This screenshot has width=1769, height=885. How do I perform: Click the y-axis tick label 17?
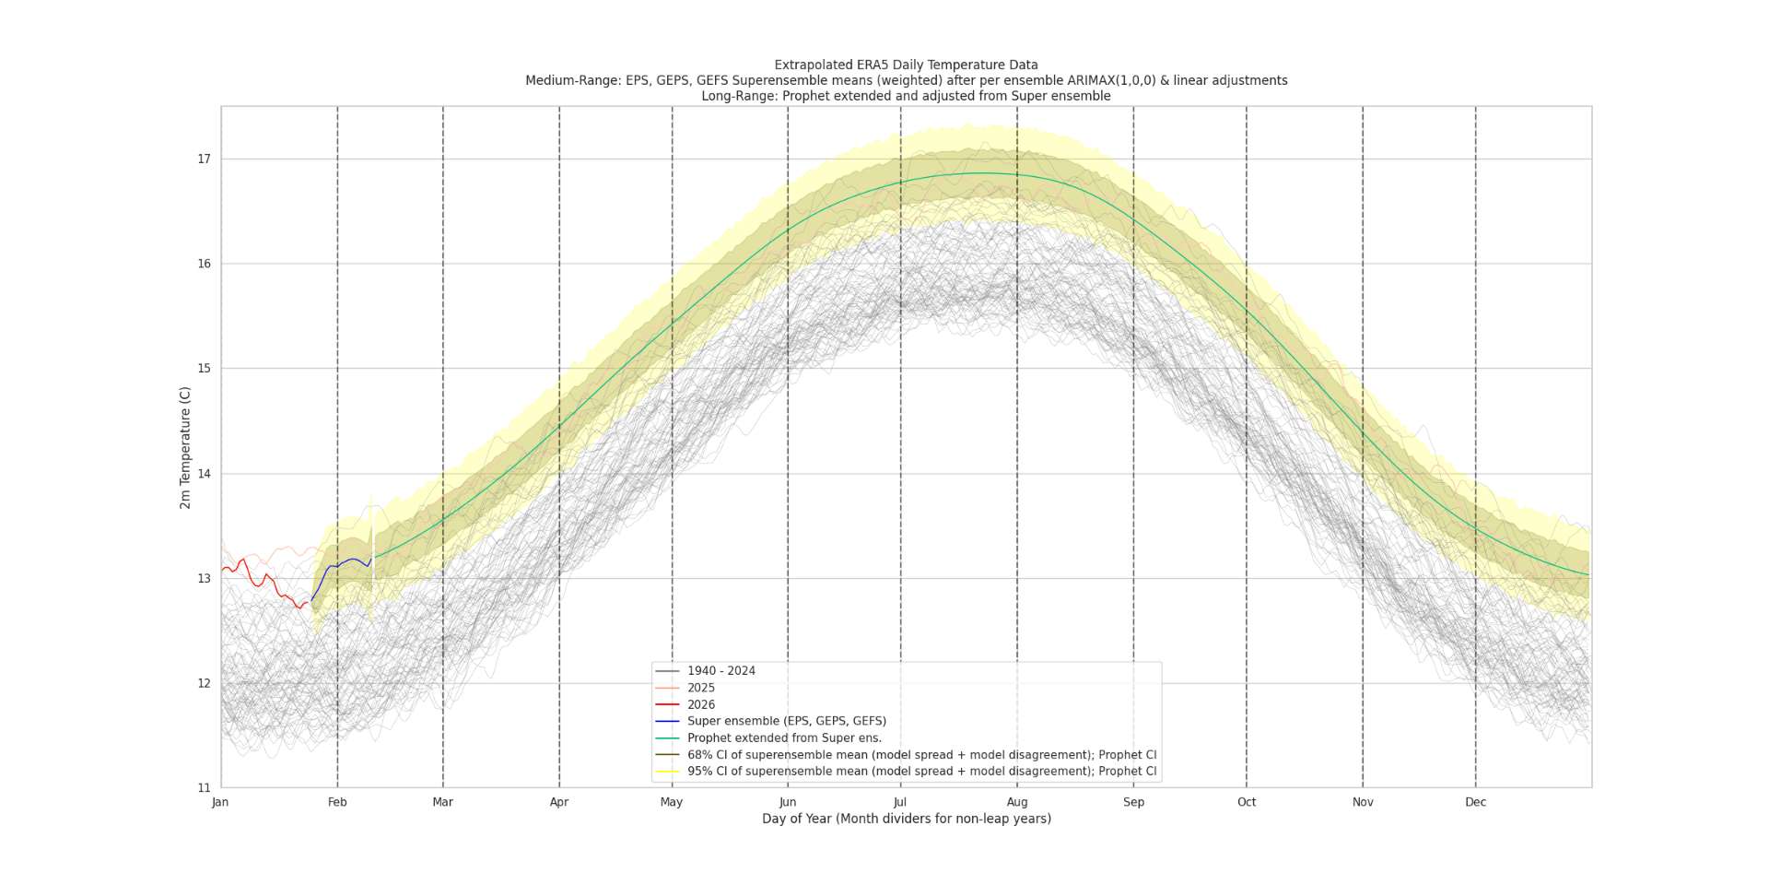pos(204,159)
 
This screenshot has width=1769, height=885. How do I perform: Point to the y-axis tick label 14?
pos(204,474)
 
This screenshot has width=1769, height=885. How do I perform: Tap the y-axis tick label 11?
pos(204,788)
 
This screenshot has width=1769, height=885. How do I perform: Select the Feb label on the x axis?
pos(337,802)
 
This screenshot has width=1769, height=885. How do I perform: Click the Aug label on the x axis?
pos(1017,802)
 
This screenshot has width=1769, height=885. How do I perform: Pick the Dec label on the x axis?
pos(1475,802)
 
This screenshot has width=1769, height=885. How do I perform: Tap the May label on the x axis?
pos(672,802)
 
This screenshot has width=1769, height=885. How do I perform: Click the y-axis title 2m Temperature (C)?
pos(185,447)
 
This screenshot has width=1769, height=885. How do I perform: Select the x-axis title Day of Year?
pos(906,819)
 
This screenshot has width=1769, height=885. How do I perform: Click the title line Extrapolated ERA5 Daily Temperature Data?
pos(906,65)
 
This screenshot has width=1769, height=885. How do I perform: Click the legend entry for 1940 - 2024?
pos(720,671)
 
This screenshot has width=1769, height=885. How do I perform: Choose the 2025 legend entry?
pos(700,688)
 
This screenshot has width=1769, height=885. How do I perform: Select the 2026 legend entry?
pos(700,704)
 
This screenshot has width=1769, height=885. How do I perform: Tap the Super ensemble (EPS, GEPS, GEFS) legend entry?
pos(786,721)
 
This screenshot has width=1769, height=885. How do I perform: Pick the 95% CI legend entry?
pos(921,772)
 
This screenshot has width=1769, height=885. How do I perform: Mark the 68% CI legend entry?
pos(921,755)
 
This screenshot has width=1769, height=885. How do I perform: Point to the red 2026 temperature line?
pos(267,579)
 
